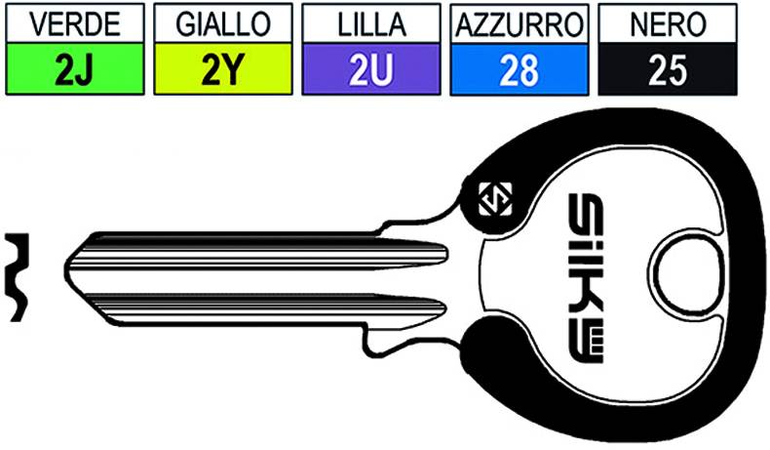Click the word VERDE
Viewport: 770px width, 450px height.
[x=75, y=23]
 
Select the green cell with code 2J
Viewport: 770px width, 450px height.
[x=75, y=69]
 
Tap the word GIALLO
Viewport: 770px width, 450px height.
[x=223, y=23]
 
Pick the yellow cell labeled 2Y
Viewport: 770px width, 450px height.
[x=223, y=69]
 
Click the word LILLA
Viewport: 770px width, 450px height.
[x=371, y=23]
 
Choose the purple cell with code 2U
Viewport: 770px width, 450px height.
[x=371, y=69]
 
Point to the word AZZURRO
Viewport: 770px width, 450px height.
[x=520, y=24]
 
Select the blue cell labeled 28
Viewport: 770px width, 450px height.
[x=520, y=69]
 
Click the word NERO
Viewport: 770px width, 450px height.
[x=668, y=23]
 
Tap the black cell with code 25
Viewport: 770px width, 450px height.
[x=668, y=69]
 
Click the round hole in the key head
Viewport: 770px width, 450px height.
[x=686, y=276]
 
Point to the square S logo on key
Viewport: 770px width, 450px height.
[x=495, y=199]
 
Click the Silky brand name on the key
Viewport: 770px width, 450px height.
[x=586, y=278]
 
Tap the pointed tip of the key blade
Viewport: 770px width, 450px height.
[x=66, y=267]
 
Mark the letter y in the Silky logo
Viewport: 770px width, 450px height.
[x=586, y=345]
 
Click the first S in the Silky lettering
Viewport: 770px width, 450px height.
[x=586, y=209]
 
